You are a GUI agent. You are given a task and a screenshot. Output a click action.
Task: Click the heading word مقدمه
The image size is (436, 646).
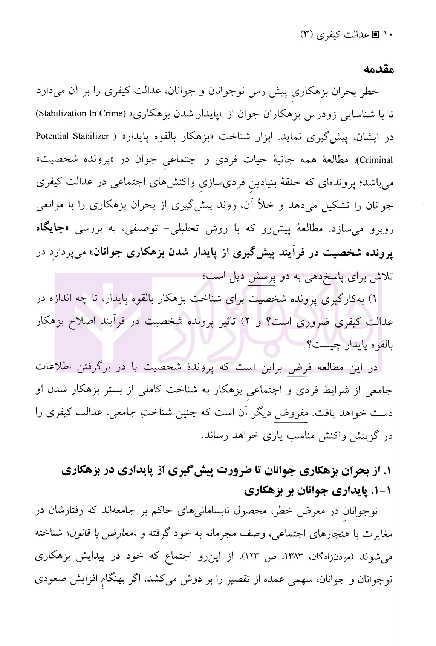378,70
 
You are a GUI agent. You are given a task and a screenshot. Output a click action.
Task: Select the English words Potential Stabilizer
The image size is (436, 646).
72,136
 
